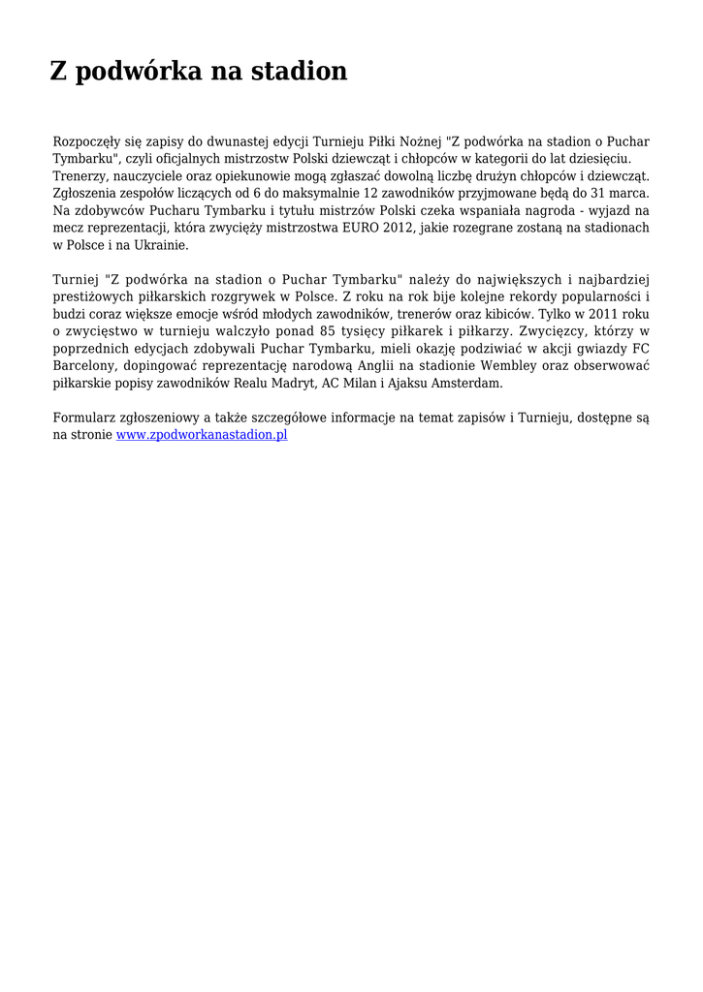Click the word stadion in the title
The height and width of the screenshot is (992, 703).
(299, 72)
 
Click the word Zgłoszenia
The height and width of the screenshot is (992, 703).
(85, 193)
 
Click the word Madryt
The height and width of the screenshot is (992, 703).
(294, 384)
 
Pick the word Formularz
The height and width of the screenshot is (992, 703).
(84, 418)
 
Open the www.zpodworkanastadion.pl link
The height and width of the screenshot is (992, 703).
(202, 436)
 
